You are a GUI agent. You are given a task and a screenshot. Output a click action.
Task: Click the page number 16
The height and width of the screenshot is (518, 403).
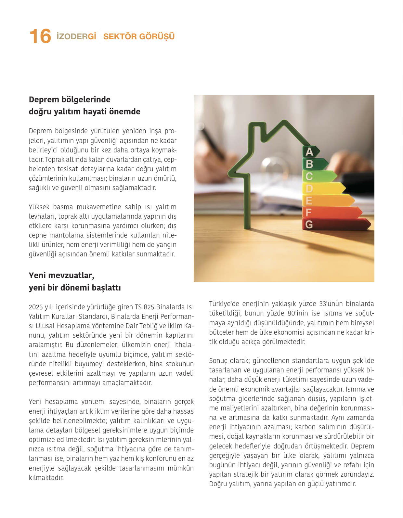[x=40, y=36]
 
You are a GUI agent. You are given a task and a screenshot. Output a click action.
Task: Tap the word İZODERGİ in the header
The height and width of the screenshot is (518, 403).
[x=76, y=36]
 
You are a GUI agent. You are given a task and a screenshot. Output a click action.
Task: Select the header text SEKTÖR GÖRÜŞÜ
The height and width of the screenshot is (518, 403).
[x=139, y=36]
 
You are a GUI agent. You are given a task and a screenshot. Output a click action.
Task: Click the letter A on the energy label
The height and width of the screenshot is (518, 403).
[x=309, y=152]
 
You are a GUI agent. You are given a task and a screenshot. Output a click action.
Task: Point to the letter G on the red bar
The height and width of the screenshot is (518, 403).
[x=309, y=224]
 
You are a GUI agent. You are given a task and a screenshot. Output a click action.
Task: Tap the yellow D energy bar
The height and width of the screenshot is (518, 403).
[x=325, y=188]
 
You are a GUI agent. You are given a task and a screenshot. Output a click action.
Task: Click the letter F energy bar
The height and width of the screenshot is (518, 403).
[x=331, y=213]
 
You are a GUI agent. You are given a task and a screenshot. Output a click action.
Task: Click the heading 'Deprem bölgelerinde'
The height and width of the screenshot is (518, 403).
[x=70, y=99]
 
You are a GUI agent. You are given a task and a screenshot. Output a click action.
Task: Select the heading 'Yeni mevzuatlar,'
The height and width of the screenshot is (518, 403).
[x=61, y=275]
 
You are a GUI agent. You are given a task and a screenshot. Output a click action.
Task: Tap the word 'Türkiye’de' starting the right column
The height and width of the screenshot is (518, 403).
[x=224, y=304]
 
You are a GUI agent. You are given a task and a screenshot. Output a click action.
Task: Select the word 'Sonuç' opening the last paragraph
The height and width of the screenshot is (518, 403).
[x=218, y=361]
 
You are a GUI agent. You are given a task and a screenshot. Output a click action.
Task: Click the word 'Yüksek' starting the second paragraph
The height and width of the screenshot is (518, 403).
[x=39, y=207]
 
